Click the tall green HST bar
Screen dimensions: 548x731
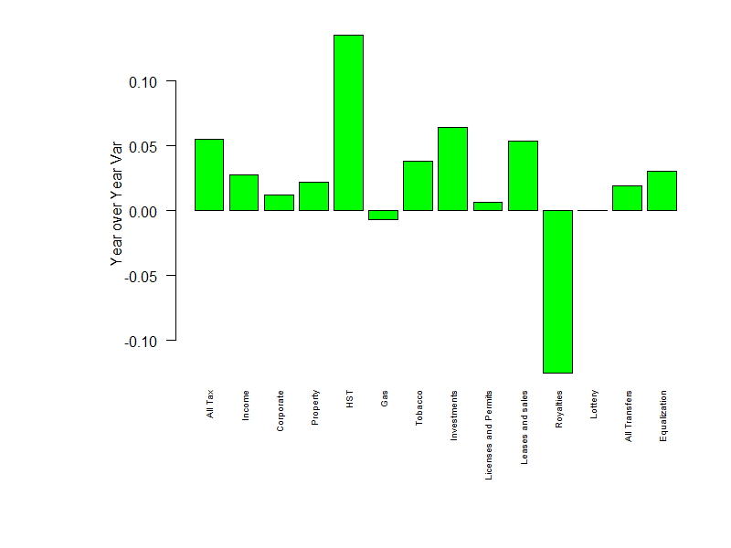(348, 122)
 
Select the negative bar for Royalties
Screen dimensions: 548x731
(557, 291)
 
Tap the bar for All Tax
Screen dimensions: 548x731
(209, 174)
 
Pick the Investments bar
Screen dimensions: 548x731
(452, 169)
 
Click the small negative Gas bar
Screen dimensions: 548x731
(383, 216)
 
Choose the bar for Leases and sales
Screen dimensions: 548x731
(523, 175)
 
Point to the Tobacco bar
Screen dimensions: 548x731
(418, 185)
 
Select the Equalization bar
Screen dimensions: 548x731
(662, 191)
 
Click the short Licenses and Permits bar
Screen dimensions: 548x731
(488, 206)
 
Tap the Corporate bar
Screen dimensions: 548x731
(279, 203)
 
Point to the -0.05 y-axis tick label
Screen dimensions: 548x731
(141, 276)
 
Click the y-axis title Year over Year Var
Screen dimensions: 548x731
(116, 204)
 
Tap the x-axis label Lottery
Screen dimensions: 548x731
(594, 405)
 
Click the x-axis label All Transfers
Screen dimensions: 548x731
(629, 416)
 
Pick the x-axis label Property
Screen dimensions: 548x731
(315, 408)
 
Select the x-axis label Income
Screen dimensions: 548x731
(245, 406)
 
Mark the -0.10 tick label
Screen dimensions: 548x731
(141, 341)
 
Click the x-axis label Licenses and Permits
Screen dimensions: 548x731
(489, 436)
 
